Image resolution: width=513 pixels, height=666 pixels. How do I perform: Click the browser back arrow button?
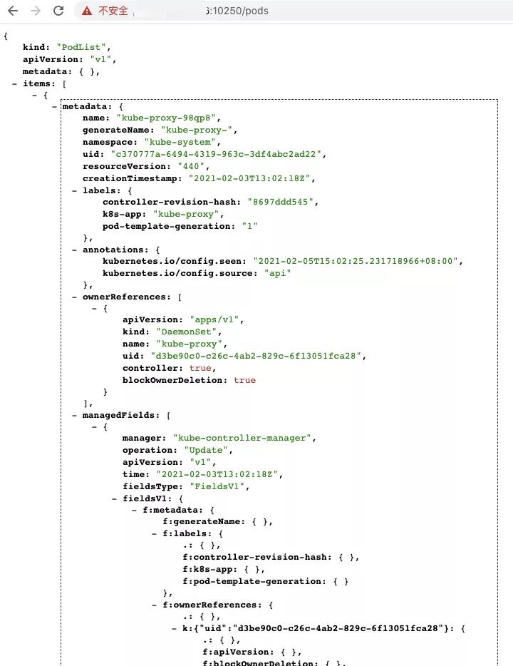[x=13, y=11]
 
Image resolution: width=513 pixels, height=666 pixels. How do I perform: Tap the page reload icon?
[x=58, y=11]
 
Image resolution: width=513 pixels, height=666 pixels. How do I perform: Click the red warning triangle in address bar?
[x=87, y=11]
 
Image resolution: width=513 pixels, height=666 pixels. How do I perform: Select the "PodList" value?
[x=81, y=47]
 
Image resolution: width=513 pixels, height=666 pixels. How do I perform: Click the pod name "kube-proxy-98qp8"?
[x=166, y=118]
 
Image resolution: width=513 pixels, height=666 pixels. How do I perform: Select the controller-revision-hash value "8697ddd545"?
[x=281, y=202]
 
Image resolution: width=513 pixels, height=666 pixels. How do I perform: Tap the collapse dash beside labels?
[x=75, y=190]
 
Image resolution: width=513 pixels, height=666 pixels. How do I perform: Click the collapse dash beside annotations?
[x=75, y=250]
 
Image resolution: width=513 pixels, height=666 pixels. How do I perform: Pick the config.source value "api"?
[x=277, y=273]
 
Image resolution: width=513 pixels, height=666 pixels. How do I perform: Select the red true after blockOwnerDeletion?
[x=245, y=380]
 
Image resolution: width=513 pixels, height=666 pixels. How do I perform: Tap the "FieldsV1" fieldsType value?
[x=217, y=486]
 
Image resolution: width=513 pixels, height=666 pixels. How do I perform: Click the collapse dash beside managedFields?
[x=75, y=416]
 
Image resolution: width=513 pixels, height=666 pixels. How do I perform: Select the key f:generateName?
[x=203, y=521]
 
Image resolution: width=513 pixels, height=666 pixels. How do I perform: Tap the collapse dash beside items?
[x=15, y=83]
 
